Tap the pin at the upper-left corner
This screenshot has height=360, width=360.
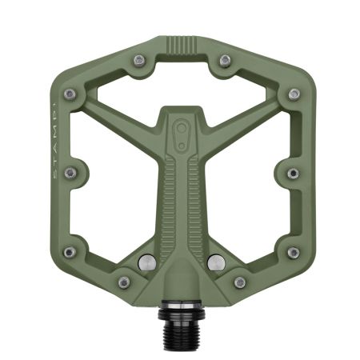pyautogui.click(x=69, y=94)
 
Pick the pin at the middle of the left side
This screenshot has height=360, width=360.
pyautogui.click(x=69, y=171)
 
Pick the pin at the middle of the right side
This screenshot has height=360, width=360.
pyautogui.click(x=293, y=172)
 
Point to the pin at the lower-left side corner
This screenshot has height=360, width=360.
pyautogui.click(x=69, y=252)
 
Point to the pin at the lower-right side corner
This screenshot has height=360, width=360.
pyautogui.click(x=293, y=252)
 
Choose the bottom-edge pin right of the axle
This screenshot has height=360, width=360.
pyautogui.click(x=239, y=282)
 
